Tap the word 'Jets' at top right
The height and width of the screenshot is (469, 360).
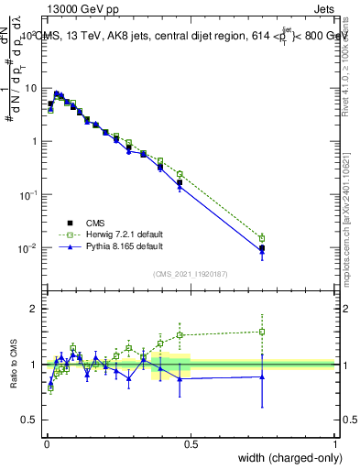tap(320, 8)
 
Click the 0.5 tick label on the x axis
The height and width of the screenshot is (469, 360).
tap(191, 444)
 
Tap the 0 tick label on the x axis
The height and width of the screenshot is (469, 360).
tap(46, 444)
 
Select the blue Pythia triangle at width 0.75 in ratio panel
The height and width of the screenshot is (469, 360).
tap(262, 376)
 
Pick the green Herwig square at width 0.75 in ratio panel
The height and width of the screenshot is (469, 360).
tap(262, 332)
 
